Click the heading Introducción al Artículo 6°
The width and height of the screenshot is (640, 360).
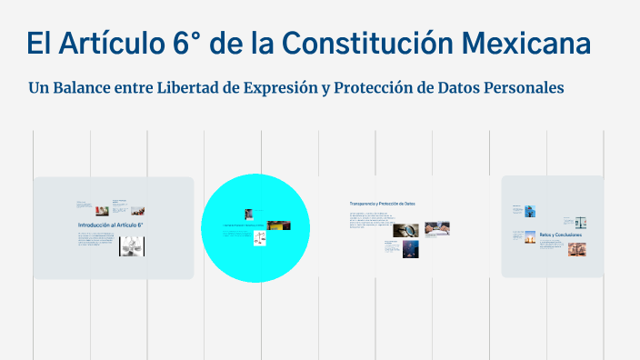[110, 224]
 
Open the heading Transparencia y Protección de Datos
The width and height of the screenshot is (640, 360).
[382, 204]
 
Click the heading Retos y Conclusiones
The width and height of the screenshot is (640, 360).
[560, 235]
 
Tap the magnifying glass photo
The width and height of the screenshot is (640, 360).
[405, 231]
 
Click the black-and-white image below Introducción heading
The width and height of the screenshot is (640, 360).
[132, 245]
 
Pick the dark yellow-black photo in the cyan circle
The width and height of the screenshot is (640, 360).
[279, 225]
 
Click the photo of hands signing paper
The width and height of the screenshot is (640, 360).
[438, 229]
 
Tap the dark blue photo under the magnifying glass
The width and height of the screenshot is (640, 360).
[410, 249]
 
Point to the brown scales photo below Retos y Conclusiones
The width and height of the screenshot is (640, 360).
[576, 248]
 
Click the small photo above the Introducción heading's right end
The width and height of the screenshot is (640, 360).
[118, 209]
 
